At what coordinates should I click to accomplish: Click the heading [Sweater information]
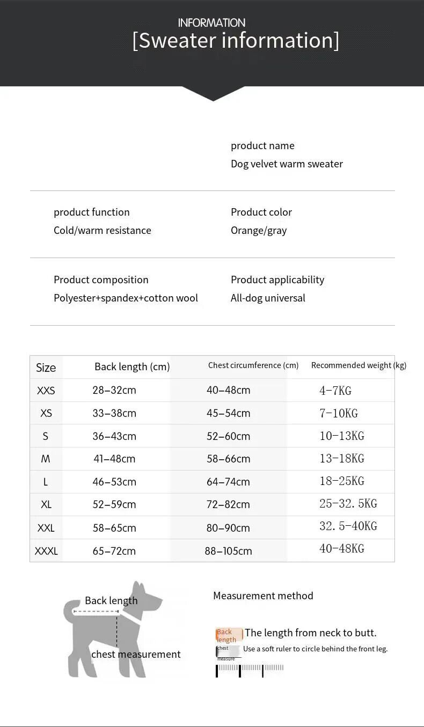click(236, 41)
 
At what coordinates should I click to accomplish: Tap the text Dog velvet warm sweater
click(287, 164)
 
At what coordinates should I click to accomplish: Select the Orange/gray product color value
click(259, 230)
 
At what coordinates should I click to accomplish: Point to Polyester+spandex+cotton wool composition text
click(126, 298)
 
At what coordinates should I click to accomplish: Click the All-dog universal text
click(268, 298)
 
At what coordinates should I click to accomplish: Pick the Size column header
click(46, 368)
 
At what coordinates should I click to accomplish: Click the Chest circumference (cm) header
click(253, 365)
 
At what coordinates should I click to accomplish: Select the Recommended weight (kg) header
click(359, 365)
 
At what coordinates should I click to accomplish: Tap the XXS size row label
click(46, 391)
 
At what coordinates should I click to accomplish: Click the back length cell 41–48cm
click(114, 459)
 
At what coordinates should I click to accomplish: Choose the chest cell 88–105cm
click(228, 551)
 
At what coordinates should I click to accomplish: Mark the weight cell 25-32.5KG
click(348, 504)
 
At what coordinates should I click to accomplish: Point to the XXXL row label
click(46, 551)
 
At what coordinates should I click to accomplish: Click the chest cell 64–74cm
click(228, 482)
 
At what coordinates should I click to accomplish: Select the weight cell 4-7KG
click(335, 391)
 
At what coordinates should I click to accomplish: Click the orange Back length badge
click(229, 635)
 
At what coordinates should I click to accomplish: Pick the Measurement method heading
click(263, 596)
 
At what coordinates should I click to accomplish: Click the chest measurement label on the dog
click(136, 654)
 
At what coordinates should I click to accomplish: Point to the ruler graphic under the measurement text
click(250, 669)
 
